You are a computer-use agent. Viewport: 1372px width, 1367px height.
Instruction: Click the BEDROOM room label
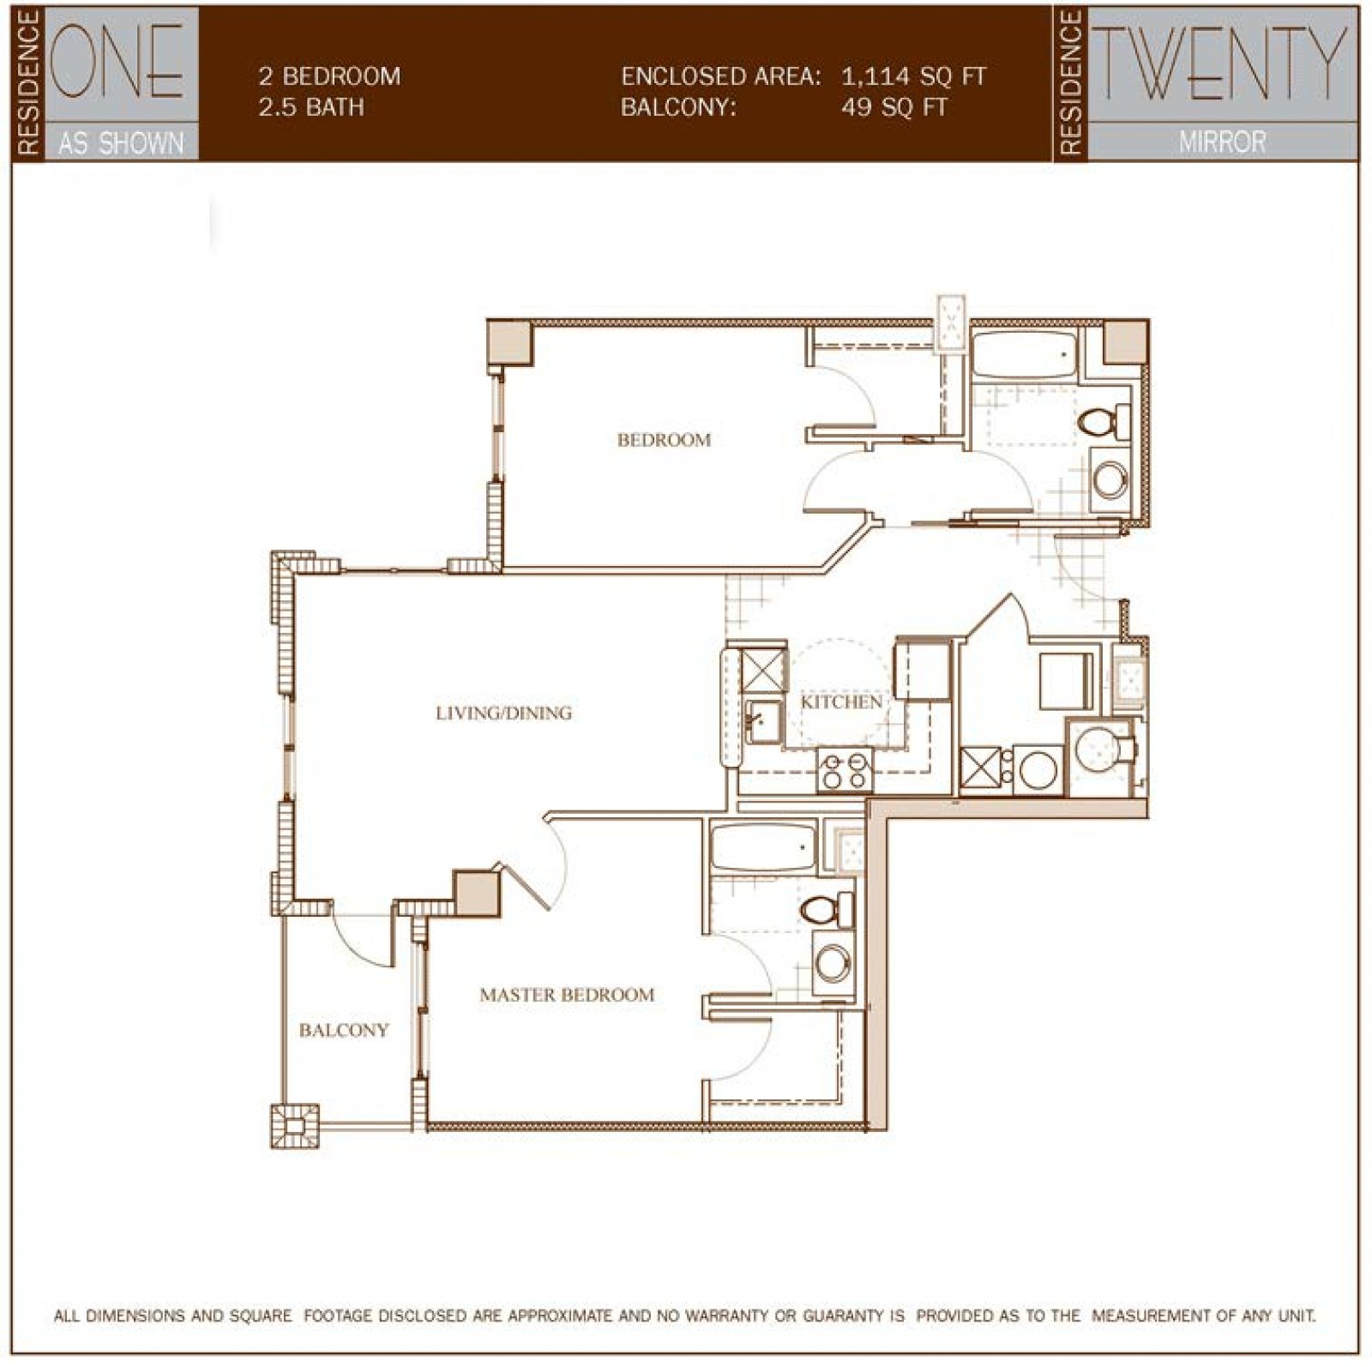click(x=664, y=440)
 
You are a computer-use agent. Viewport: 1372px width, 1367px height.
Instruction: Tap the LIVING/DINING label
click(x=503, y=713)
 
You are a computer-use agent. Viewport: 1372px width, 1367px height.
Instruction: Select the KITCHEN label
click(x=841, y=702)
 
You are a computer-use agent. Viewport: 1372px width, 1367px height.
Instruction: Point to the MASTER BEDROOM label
click(x=567, y=995)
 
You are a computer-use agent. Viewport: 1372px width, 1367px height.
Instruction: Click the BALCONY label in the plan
click(x=344, y=1030)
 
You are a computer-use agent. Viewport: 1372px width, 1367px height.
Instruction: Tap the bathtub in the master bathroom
click(x=761, y=846)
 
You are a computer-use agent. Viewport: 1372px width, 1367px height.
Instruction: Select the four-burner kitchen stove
click(x=844, y=769)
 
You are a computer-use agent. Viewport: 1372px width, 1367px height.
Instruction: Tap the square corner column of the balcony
click(x=295, y=1126)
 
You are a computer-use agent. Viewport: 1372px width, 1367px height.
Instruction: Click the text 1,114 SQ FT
click(x=912, y=76)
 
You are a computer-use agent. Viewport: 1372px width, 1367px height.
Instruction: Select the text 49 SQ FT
click(x=894, y=107)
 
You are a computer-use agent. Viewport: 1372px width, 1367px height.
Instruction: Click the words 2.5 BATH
click(x=311, y=107)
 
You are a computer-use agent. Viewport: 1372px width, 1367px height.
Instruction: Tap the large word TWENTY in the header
click(x=1221, y=63)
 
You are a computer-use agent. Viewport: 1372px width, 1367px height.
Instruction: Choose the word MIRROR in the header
click(x=1221, y=142)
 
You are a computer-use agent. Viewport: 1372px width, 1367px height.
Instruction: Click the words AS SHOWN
click(x=121, y=142)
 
